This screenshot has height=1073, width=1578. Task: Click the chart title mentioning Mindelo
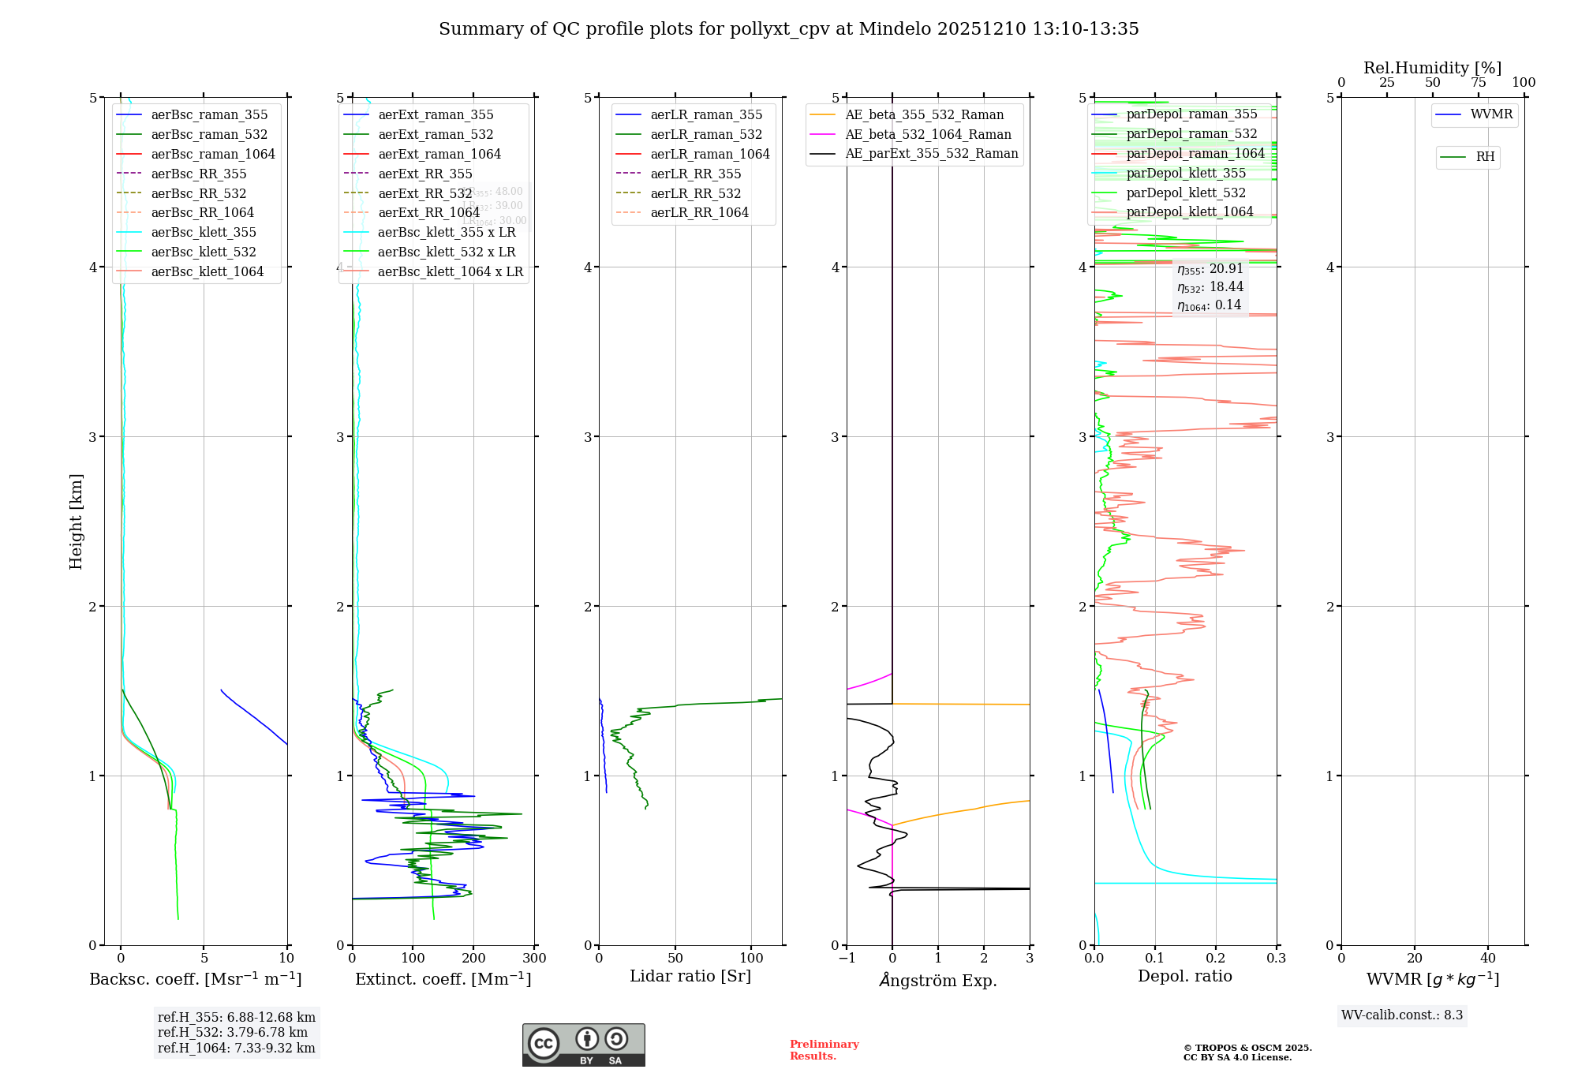click(x=788, y=29)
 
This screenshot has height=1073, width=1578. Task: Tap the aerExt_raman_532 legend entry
click(x=436, y=134)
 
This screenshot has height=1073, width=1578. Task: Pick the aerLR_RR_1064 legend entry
click(x=699, y=212)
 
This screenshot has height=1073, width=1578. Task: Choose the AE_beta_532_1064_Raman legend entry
click(x=928, y=134)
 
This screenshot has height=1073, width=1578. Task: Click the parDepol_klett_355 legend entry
click(x=1186, y=173)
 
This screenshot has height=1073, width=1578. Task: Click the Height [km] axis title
click(x=76, y=521)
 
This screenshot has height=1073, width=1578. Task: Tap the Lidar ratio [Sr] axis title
click(x=690, y=976)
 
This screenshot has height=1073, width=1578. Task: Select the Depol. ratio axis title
click(x=1184, y=976)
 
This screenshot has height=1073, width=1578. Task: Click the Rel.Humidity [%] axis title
click(x=1432, y=68)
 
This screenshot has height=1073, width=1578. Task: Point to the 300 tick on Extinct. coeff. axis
click(x=535, y=959)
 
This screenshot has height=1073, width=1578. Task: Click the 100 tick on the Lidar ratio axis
click(x=751, y=959)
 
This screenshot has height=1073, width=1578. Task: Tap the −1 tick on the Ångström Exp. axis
click(x=847, y=959)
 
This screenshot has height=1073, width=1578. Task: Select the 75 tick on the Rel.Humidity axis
click(x=1478, y=83)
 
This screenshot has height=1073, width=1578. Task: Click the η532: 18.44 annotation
click(x=1210, y=287)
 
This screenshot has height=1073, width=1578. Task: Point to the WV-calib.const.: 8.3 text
click(x=1402, y=1015)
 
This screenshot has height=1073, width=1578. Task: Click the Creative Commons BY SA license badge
click(x=583, y=1045)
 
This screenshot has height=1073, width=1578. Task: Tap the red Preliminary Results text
click(x=824, y=1050)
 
